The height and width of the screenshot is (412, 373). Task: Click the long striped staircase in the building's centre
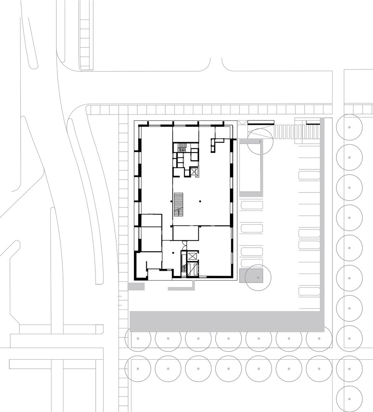178,204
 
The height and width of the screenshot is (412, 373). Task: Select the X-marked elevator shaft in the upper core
194,172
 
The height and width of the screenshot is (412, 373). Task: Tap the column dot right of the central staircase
200,201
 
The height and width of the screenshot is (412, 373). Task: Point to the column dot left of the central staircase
171,201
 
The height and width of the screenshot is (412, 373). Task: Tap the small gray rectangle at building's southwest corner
136,286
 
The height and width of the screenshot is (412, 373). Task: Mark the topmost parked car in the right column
309,175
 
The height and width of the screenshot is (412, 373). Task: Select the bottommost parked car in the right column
309,291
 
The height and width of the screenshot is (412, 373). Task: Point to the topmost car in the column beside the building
252,205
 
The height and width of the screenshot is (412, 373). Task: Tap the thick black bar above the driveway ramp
260,122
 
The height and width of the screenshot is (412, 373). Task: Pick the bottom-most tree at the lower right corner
349,399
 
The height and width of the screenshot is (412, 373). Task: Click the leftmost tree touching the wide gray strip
138,339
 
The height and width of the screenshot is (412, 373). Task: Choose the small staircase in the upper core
182,147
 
